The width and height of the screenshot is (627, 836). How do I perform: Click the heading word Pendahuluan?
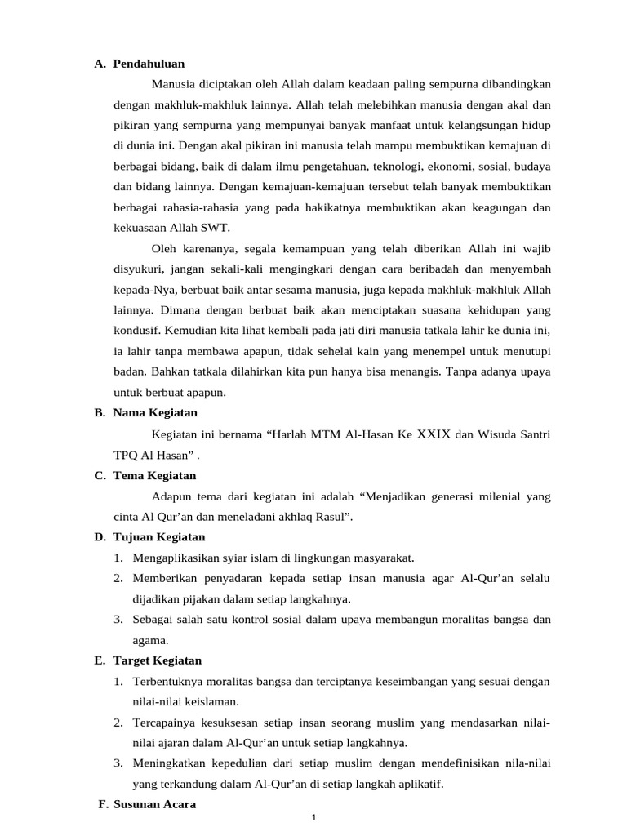[x=149, y=63]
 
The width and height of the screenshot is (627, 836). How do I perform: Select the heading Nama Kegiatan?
[x=155, y=412]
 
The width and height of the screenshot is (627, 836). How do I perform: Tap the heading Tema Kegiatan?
[x=154, y=475]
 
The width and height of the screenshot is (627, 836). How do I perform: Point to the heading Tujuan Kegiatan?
[x=159, y=536]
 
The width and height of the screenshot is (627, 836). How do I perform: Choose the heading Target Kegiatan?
[x=158, y=660]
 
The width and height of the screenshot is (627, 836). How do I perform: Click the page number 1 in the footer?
[x=314, y=820]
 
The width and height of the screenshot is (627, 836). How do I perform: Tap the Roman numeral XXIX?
[x=434, y=434]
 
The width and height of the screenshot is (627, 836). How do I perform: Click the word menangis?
[x=400, y=371]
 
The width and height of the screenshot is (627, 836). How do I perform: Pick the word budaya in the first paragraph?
[x=534, y=167]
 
